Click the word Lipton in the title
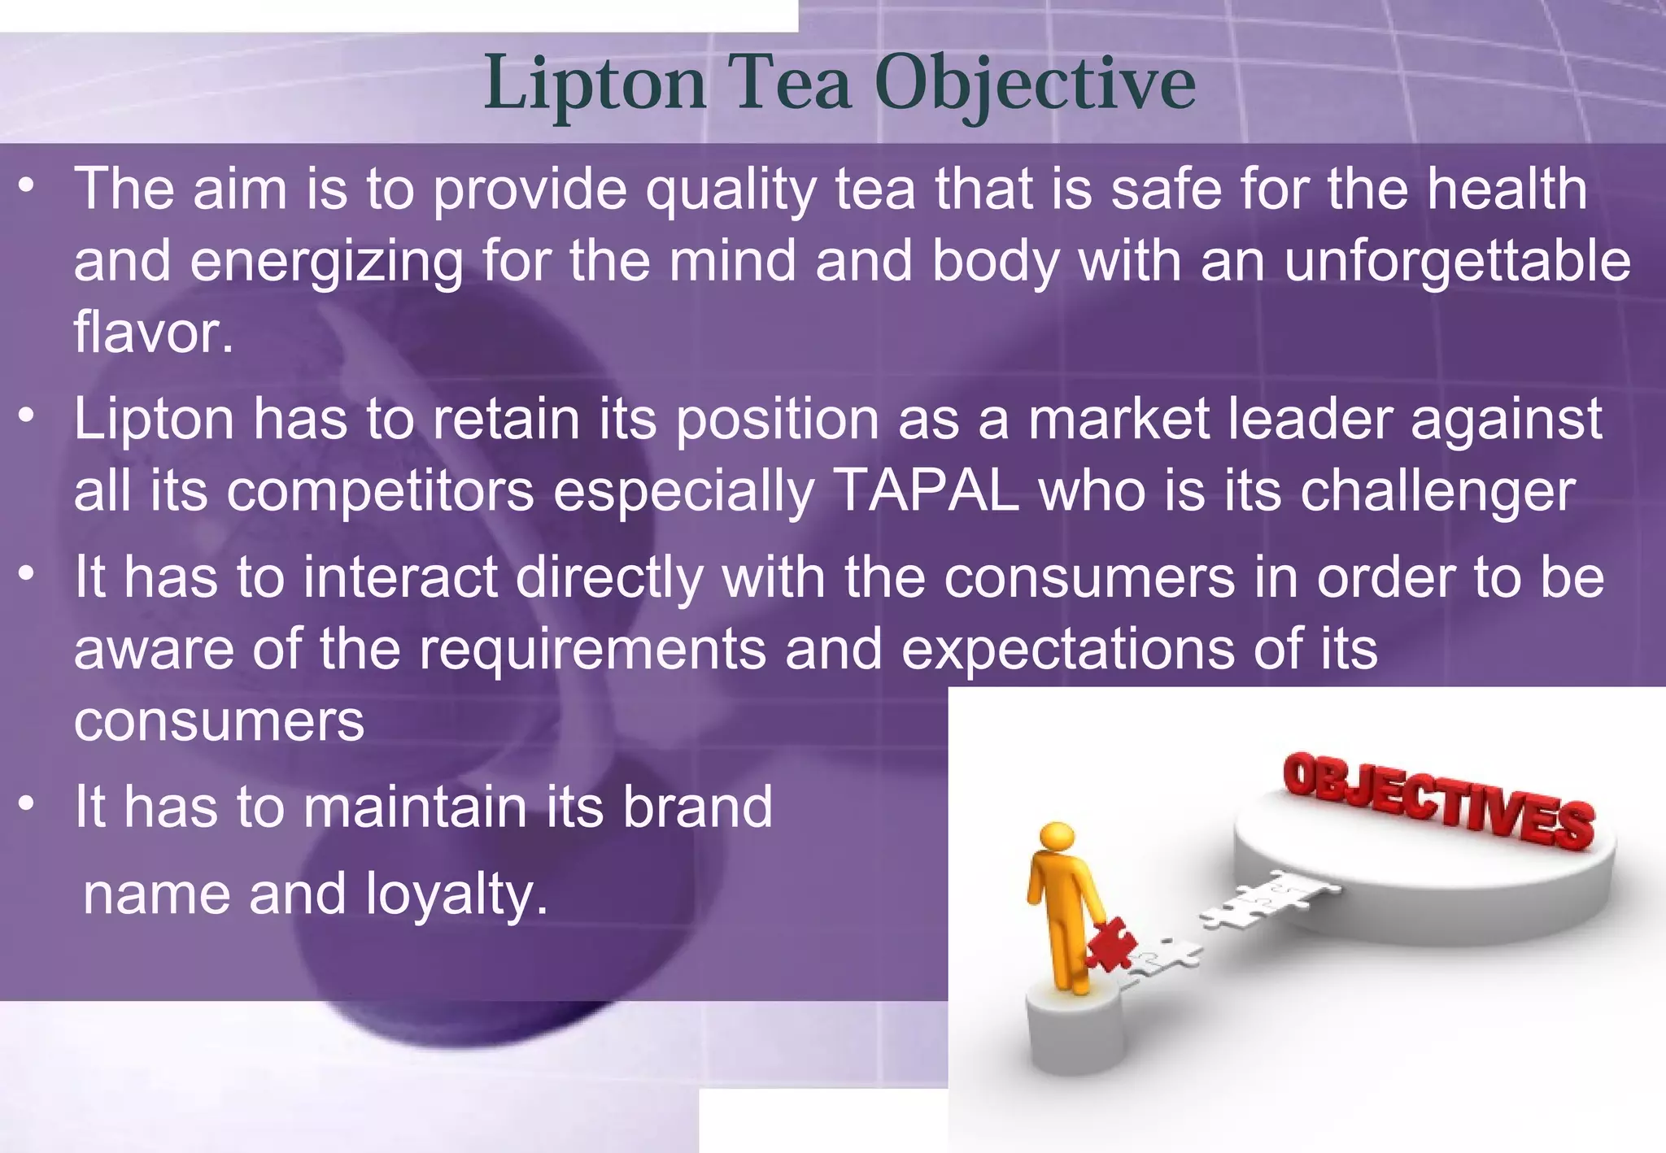pos(595,85)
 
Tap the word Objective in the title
pos(1035,85)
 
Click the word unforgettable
pos(1458,262)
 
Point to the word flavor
pos(154,333)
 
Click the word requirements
pos(592,650)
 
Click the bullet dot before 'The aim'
pos(28,186)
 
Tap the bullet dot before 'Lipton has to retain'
pos(28,416)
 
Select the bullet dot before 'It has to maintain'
pos(28,803)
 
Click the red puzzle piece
pos(1112,944)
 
